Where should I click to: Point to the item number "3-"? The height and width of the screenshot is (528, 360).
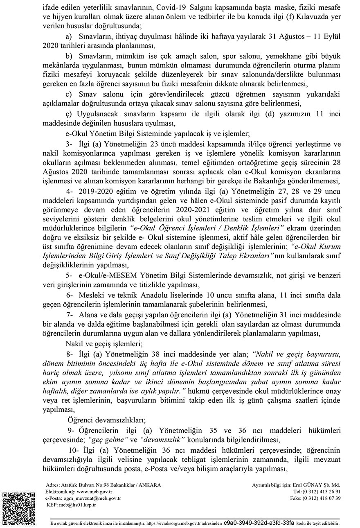pos(70,144)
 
